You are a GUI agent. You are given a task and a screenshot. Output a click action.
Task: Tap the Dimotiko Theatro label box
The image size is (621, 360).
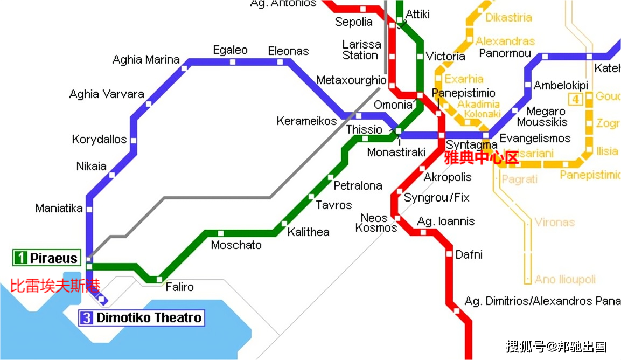coord(142,318)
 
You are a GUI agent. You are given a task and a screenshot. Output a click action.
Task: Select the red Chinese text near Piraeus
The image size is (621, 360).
coord(55,285)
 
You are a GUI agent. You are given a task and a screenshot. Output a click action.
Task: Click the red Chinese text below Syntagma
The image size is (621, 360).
coord(480,158)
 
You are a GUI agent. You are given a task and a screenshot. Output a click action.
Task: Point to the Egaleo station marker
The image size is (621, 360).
coord(233,62)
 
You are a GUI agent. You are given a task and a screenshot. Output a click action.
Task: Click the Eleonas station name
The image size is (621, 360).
coord(288,51)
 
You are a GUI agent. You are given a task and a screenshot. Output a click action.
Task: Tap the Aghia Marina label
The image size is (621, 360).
coord(146,60)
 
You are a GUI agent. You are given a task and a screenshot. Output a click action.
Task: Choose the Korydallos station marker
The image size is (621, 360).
coord(133,141)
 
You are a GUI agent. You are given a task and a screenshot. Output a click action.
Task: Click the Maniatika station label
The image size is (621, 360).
coord(59,208)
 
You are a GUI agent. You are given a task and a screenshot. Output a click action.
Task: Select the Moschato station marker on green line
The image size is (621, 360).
coord(220,233)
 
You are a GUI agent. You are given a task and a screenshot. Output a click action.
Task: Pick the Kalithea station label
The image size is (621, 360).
coord(308,232)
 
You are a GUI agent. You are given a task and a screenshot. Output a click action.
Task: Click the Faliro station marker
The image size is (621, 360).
coord(158,279)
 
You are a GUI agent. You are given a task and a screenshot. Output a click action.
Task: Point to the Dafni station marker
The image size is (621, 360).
coord(449,253)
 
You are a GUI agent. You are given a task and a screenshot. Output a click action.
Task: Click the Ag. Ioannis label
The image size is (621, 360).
coord(446,221)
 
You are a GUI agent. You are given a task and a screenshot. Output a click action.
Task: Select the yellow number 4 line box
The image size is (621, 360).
coord(576,99)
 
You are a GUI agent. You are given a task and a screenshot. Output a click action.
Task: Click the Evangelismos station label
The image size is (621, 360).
coord(535,138)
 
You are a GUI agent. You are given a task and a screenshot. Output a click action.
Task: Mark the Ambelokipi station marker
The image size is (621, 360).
coord(528,85)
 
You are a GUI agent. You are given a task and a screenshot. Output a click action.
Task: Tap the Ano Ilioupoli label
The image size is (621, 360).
coord(565,279)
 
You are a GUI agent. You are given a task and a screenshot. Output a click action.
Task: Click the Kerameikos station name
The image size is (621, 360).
coord(306,121)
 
